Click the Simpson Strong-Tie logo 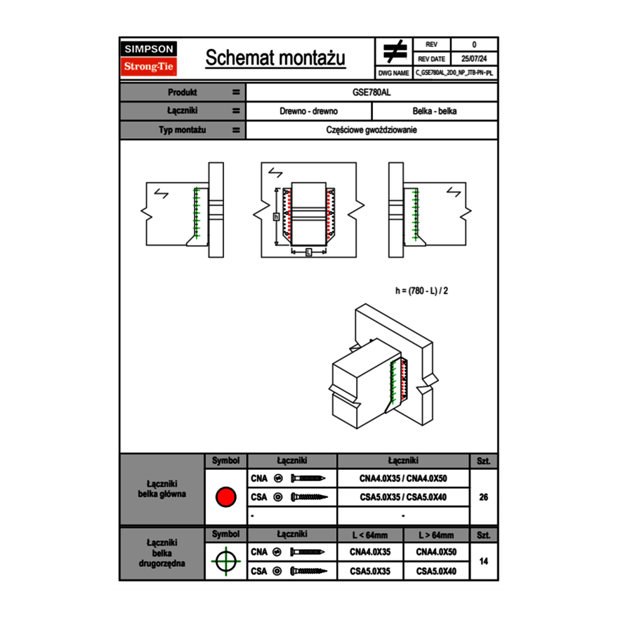coord(149,58)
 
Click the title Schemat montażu coord(275,58)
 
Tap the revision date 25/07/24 coord(474,59)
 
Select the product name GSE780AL coord(372,92)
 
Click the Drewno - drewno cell coord(308,111)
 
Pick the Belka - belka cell coord(435,111)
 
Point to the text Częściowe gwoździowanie coord(372,130)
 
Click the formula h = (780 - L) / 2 coord(421,290)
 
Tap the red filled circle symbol coord(225,497)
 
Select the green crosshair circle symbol coord(225,561)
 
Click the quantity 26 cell coord(483,497)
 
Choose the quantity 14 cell coord(483,561)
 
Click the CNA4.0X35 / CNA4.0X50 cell coord(403,478)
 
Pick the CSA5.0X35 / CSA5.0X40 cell coord(403,497)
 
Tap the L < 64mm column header coord(370,535)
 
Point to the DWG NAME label coord(393,72)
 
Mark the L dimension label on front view coord(308,251)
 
